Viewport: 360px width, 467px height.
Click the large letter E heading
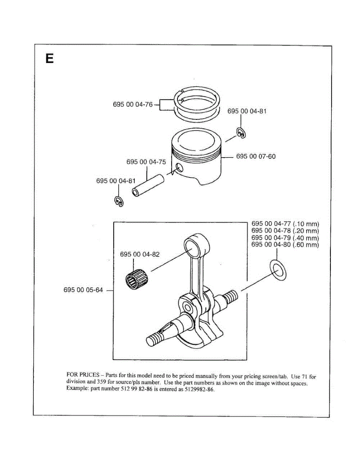point(49,58)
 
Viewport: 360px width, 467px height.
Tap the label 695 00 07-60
point(256,156)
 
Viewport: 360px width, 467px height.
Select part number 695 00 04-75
point(146,162)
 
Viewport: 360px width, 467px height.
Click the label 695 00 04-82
point(140,255)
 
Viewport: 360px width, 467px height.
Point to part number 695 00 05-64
point(83,290)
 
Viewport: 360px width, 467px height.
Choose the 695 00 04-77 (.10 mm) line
point(285,224)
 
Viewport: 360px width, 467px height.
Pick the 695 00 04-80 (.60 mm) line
point(285,245)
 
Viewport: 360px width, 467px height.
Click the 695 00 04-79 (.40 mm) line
point(285,238)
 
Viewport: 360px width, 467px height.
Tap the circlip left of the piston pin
point(119,201)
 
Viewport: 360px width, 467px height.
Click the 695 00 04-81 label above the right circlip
point(247,111)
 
